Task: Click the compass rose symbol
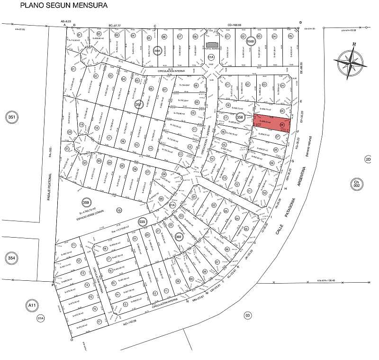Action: [x=350, y=62]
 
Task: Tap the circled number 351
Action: [x=10, y=118]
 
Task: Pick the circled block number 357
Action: [x=139, y=105]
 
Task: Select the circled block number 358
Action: [x=240, y=117]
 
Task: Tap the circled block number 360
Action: [x=179, y=237]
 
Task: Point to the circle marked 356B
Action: [x=251, y=41]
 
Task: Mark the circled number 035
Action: [x=142, y=222]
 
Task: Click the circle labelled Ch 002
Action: [x=356, y=183]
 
